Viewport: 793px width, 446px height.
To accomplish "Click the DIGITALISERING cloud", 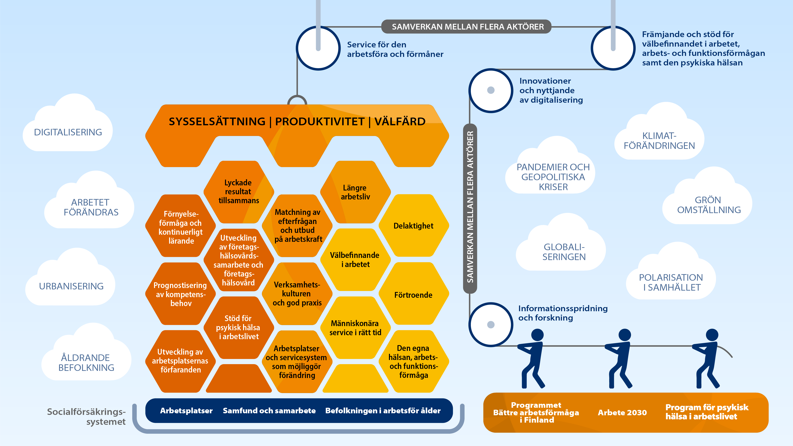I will pyautogui.click(x=68, y=132).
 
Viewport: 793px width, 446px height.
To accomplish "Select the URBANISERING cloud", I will pyautogui.click(x=71, y=286).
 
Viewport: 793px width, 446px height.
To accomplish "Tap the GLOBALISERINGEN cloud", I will pyautogui.click(x=564, y=252).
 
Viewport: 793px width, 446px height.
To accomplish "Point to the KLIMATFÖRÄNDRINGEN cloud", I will pyautogui.click(x=659, y=141).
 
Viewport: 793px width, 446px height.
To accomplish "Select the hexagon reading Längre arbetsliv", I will pyautogui.click(x=355, y=192).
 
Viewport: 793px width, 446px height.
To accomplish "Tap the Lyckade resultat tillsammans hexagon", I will pyautogui.click(x=238, y=191).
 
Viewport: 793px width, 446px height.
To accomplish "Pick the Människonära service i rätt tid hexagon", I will pyautogui.click(x=355, y=328).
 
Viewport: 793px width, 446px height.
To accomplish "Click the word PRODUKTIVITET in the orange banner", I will pyautogui.click(x=320, y=122).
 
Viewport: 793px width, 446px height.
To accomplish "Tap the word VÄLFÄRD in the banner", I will pyautogui.click(x=400, y=122).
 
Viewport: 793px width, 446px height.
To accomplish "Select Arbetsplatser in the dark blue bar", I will pyautogui.click(x=186, y=411).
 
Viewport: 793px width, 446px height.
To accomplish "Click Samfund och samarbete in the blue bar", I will pyautogui.click(x=269, y=411).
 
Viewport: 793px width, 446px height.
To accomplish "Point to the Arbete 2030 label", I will pyautogui.click(x=622, y=413).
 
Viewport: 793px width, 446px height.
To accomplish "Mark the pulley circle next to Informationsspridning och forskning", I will pyautogui.click(x=491, y=324).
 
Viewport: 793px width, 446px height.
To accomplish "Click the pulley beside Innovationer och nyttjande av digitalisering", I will pyautogui.click(x=491, y=90).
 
